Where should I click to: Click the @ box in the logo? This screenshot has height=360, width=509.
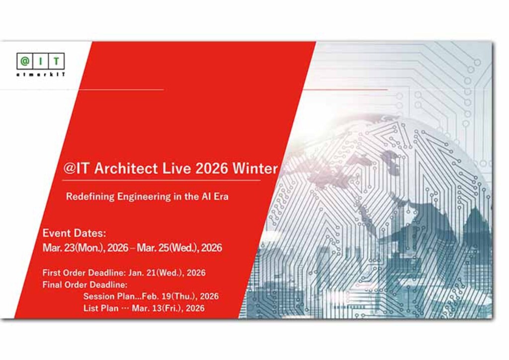[x=24, y=62]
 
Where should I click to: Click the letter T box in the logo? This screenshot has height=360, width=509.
[x=57, y=62]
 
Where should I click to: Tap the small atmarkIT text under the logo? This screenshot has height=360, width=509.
[x=40, y=74]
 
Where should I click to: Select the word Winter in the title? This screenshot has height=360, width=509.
[x=256, y=168]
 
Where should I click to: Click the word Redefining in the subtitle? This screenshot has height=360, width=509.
[x=90, y=196]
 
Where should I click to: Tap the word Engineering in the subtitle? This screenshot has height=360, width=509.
[x=144, y=196]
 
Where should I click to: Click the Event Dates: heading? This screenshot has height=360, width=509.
[x=75, y=233]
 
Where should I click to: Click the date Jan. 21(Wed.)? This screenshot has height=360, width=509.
[x=155, y=272]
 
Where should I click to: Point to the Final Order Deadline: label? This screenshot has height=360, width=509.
[x=85, y=285]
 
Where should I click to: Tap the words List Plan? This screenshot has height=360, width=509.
[x=101, y=308]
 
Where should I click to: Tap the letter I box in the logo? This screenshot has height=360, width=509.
[x=41, y=62]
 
